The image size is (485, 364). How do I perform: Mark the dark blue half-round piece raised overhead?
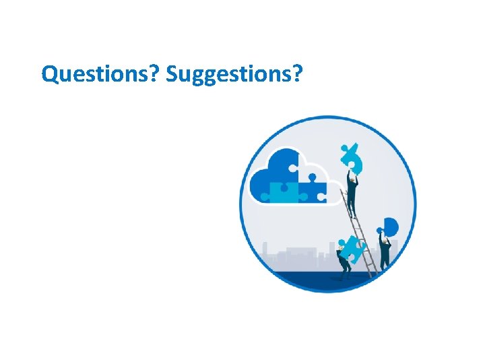point(390,226)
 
